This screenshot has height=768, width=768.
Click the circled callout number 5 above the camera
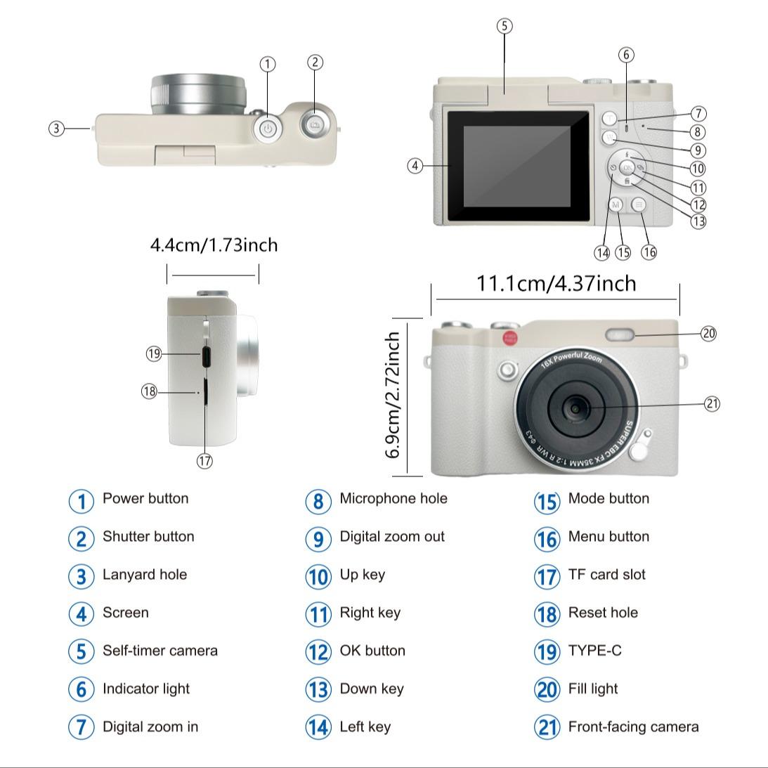[x=505, y=26]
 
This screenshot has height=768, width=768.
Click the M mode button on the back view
[x=616, y=204]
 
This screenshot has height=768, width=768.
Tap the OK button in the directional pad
[x=627, y=168]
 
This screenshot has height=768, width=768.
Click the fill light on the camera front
[x=620, y=334]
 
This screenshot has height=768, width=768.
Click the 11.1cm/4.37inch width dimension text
[x=556, y=283]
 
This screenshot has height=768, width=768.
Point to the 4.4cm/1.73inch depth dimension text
[x=214, y=245]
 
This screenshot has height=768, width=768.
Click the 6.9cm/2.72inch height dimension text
[x=393, y=395]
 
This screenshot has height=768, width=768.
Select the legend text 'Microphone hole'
[x=393, y=499]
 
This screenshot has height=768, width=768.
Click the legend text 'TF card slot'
[x=606, y=575]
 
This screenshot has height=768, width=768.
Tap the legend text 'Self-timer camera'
[x=160, y=651]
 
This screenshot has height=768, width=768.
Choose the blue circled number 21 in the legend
[x=547, y=727]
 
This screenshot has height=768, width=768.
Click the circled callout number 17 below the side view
[x=204, y=461]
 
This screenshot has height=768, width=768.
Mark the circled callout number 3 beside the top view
[x=57, y=129]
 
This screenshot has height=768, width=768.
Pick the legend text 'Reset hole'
[x=603, y=613]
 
